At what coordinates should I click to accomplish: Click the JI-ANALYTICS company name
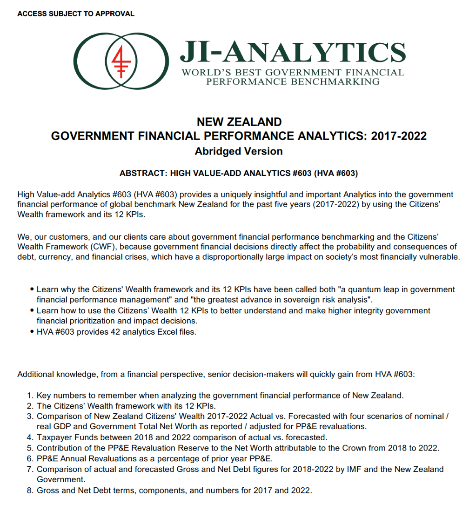click(x=293, y=52)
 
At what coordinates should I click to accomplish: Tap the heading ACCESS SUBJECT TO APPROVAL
click(x=76, y=14)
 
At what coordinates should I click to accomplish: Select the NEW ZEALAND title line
click(x=239, y=122)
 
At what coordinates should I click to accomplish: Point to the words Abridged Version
click(x=239, y=151)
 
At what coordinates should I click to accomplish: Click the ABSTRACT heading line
click(x=239, y=174)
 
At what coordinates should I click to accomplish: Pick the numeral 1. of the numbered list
click(x=30, y=396)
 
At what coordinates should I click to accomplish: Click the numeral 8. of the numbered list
click(x=30, y=490)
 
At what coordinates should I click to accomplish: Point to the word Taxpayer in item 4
click(x=53, y=437)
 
